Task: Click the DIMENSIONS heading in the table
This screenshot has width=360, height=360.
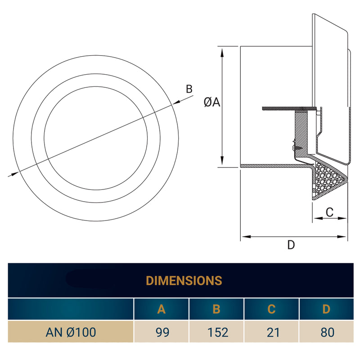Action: tap(184, 280)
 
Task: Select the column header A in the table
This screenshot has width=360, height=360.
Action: tap(161, 309)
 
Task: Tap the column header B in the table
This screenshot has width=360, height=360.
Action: tap(216, 309)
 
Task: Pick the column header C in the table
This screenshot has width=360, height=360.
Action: tap(271, 309)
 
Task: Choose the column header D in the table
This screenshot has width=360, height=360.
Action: tap(327, 309)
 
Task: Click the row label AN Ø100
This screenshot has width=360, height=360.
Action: tap(71, 333)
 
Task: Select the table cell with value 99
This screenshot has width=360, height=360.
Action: tap(161, 333)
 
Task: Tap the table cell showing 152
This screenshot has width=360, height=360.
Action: tap(216, 333)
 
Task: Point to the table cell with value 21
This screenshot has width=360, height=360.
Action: tap(271, 333)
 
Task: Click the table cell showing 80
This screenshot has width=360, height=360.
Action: tap(327, 333)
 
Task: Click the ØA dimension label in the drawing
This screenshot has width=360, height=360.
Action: tap(211, 103)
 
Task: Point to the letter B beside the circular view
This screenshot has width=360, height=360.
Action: tap(189, 89)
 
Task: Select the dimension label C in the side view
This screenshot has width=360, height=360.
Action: tap(329, 212)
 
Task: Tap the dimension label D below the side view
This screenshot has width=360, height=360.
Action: tap(291, 245)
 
